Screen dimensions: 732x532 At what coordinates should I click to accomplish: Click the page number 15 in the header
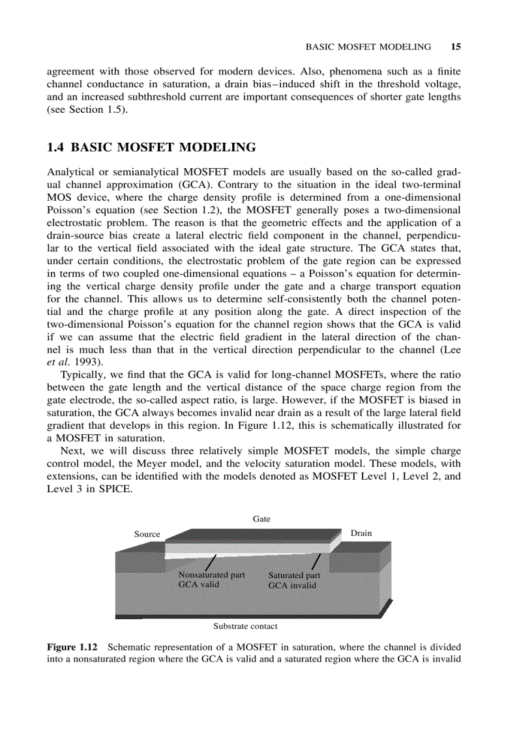456,46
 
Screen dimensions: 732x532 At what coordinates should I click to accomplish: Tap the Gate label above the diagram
261,519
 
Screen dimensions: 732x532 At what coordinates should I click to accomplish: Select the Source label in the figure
147,534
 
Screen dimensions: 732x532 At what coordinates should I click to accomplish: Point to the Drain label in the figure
361,533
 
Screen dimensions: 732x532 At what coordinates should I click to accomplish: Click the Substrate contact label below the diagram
245,626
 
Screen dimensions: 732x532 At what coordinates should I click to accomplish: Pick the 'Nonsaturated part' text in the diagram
212,575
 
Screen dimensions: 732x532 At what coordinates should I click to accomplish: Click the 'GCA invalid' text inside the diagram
292,585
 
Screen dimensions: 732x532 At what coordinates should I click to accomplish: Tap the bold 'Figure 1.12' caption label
72,648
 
